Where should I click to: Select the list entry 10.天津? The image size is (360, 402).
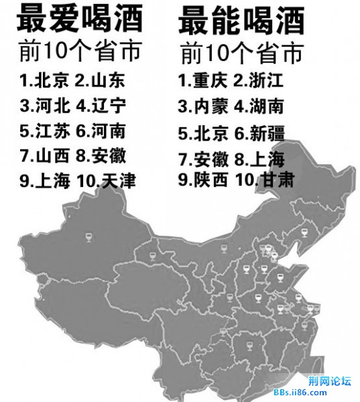click(107, 181)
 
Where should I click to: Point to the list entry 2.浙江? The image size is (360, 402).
click(259, 82)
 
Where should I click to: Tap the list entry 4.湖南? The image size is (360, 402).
click(259, 107)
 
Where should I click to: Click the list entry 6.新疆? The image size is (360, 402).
click(259, 133)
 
